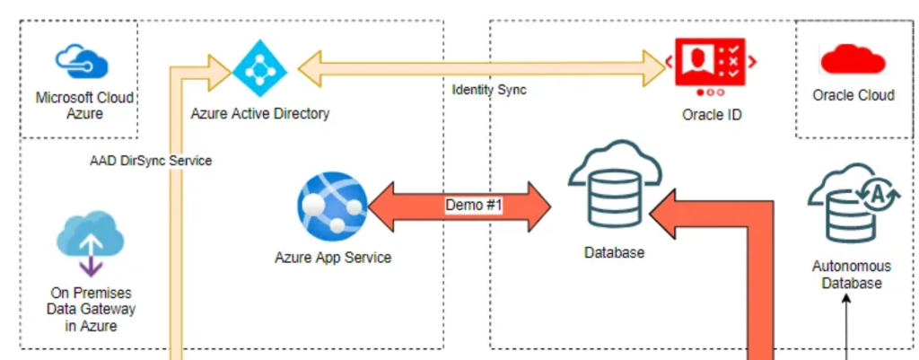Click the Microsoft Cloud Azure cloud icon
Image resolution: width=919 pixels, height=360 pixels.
[82, 62]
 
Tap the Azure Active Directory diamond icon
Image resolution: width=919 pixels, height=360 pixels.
[258, 68]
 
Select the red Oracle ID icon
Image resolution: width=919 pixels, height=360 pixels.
[710, 64]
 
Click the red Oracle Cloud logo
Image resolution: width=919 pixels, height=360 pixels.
[853, 60]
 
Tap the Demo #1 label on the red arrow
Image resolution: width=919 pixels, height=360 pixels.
[473, 206]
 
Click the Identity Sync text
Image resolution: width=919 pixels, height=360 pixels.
[489, 90]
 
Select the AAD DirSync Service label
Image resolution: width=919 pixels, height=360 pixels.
[151, 161]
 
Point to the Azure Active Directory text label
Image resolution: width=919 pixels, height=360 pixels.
[260, 114]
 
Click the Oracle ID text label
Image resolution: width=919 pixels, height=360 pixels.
[712, 114]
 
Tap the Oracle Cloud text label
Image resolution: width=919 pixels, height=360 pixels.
[853, 95]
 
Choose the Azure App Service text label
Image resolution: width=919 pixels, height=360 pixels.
[333, 258]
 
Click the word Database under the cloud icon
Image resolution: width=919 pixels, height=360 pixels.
[615, 253]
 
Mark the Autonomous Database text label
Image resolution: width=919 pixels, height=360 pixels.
[852, 275]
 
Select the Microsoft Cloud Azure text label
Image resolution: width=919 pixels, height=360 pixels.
[83, 106]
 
